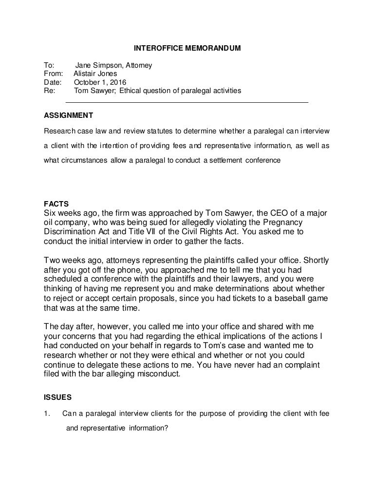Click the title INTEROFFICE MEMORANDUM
click(187, 49)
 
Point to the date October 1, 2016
click(100, 82)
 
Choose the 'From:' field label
click(53, 74)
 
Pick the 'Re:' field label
click(49, 91)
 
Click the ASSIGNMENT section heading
click(68, 116)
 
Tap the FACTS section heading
click(56, 204)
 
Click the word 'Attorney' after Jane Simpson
click(138, 65)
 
